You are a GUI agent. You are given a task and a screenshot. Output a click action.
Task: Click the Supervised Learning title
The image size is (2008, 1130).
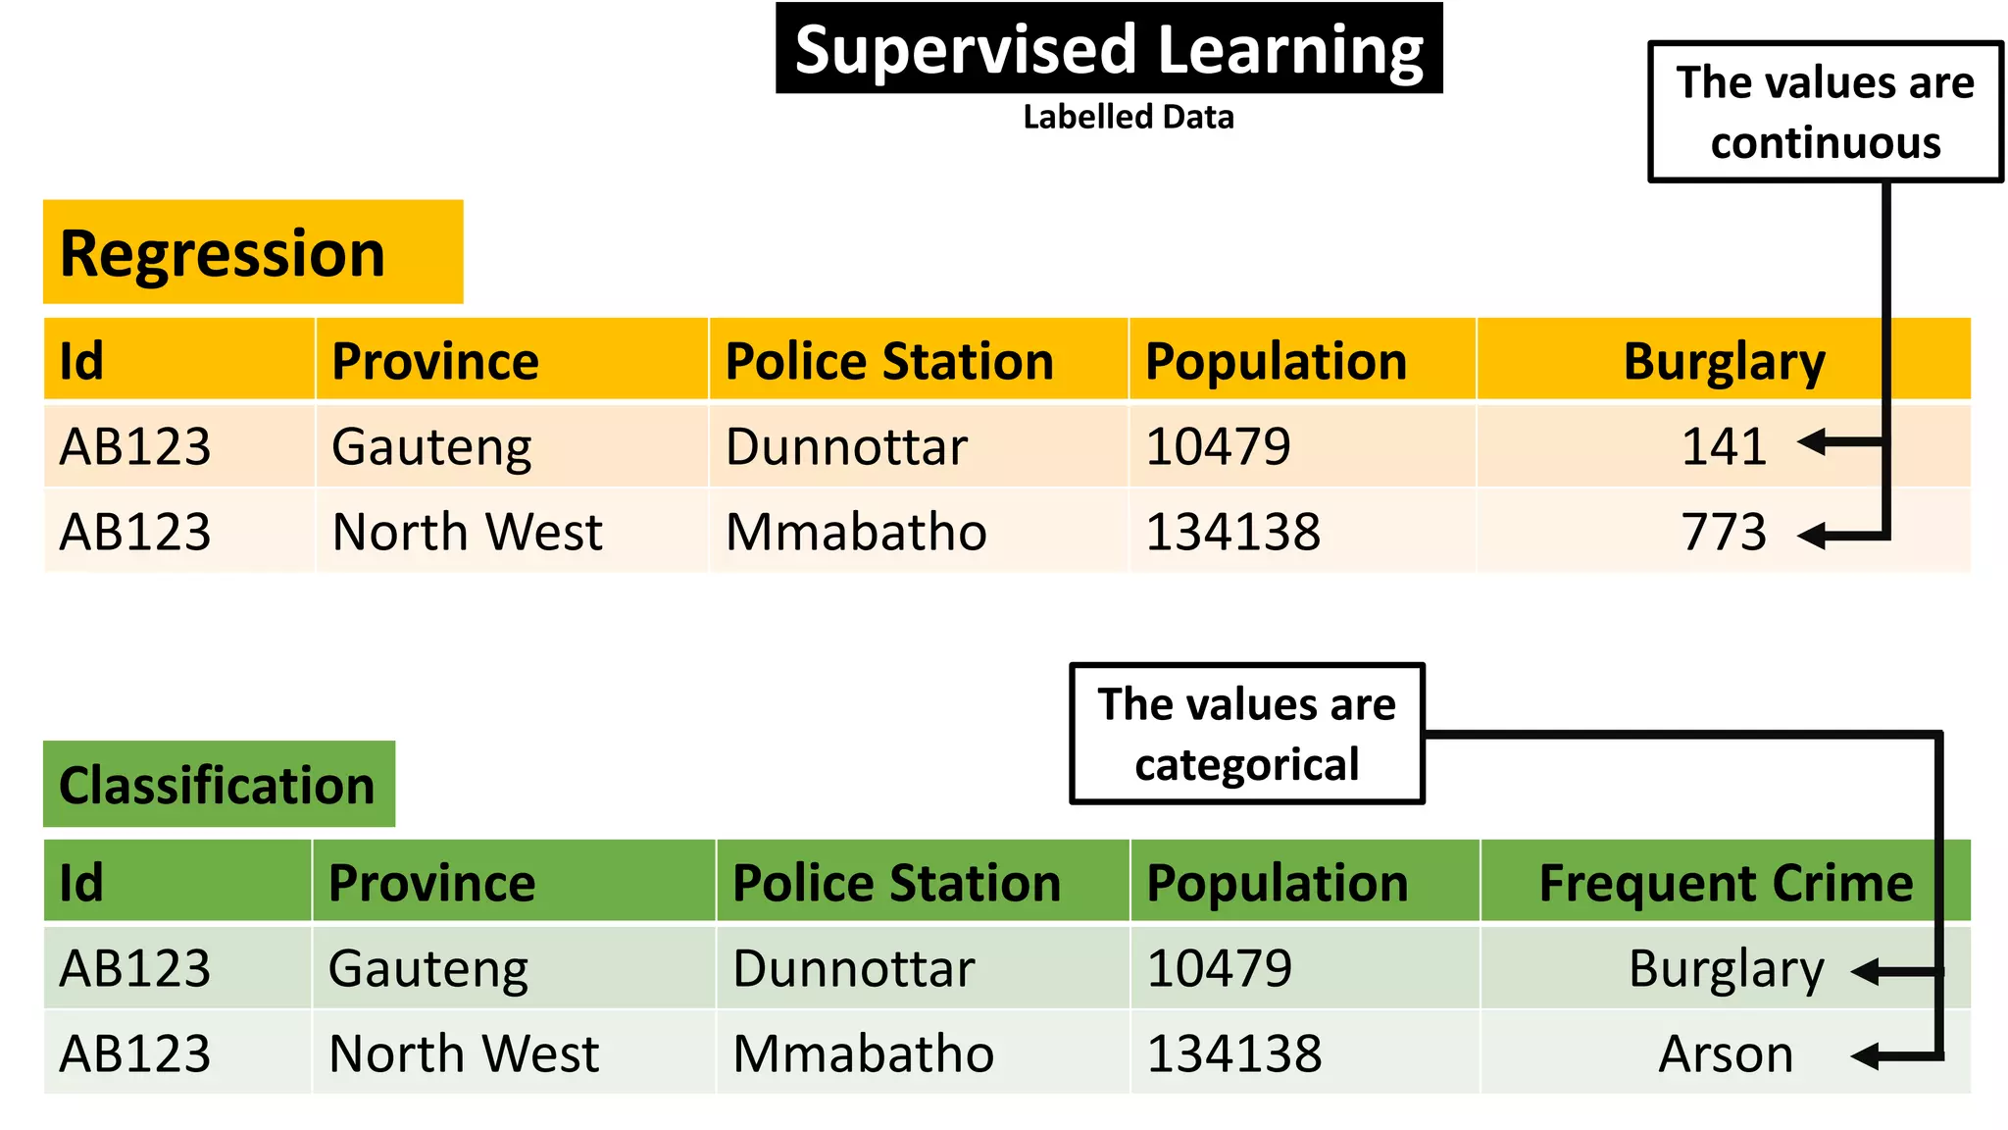(1108, 49)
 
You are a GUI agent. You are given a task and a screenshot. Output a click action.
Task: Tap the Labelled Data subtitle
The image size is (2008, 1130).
(1128, 117)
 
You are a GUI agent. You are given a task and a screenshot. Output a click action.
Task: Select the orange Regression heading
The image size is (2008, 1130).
(224, 253)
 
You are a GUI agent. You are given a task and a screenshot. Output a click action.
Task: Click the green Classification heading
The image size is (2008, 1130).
(218, 785)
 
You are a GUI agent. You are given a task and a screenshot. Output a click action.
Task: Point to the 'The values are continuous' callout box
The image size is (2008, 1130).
(1825, 112)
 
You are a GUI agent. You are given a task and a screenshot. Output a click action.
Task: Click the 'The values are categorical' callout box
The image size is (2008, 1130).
(1246, 734)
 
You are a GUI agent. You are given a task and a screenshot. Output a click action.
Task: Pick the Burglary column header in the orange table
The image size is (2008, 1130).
(1724, 361)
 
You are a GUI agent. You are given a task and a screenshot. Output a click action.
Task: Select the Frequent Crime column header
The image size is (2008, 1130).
(1725, 882)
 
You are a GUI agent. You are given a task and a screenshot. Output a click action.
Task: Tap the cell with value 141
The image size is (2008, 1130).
(1724, 446)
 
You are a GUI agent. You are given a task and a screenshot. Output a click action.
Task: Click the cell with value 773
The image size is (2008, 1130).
(1724, 532)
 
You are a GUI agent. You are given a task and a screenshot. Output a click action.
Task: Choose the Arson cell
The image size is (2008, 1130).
(1725, 1054)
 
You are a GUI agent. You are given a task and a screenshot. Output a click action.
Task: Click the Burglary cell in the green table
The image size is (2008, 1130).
(1726, 969)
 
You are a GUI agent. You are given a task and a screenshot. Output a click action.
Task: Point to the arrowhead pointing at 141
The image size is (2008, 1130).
(1812, 442)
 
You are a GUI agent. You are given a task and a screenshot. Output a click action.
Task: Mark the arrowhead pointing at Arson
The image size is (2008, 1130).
(1865, 1056)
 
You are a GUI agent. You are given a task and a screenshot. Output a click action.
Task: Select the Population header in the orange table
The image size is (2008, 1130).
(1276, 361)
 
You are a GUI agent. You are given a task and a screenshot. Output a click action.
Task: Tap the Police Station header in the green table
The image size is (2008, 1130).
(896, 882)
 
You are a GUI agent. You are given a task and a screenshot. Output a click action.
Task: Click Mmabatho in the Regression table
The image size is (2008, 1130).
(856, 532)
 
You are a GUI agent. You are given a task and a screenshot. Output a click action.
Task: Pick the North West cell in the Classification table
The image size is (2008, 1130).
(464, 1054)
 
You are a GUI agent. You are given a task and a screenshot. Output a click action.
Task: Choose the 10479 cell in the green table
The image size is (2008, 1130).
(1219, 969)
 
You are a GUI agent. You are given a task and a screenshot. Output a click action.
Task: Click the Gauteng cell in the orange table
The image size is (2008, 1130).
(431, 446)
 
